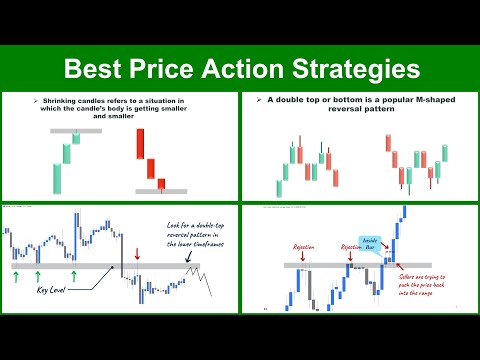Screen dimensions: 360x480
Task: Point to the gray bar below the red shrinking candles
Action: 155,190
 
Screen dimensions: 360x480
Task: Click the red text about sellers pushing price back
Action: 431,288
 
